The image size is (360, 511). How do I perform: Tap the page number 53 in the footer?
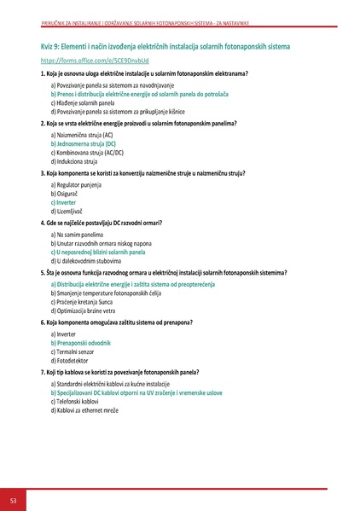[14, 498]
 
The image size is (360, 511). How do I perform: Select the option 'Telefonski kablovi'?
[76, 401]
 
